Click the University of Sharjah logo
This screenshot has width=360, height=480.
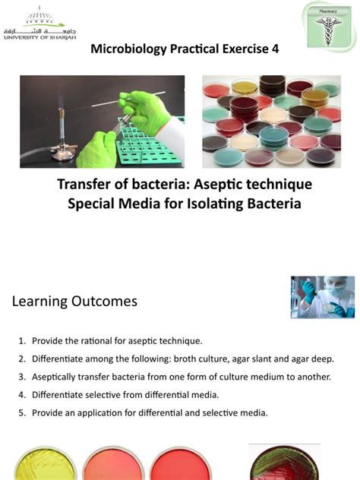[39, 23]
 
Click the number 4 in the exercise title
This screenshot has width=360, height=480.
[275, 49]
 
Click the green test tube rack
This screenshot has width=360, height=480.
[150, 144]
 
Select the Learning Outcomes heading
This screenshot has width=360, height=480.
[74, 302]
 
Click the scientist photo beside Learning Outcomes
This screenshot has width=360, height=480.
[323, 297]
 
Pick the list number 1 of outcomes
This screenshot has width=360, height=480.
[21, 341]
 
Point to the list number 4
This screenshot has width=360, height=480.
[21, 395]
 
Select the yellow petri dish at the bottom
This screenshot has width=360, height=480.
[45, 464]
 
